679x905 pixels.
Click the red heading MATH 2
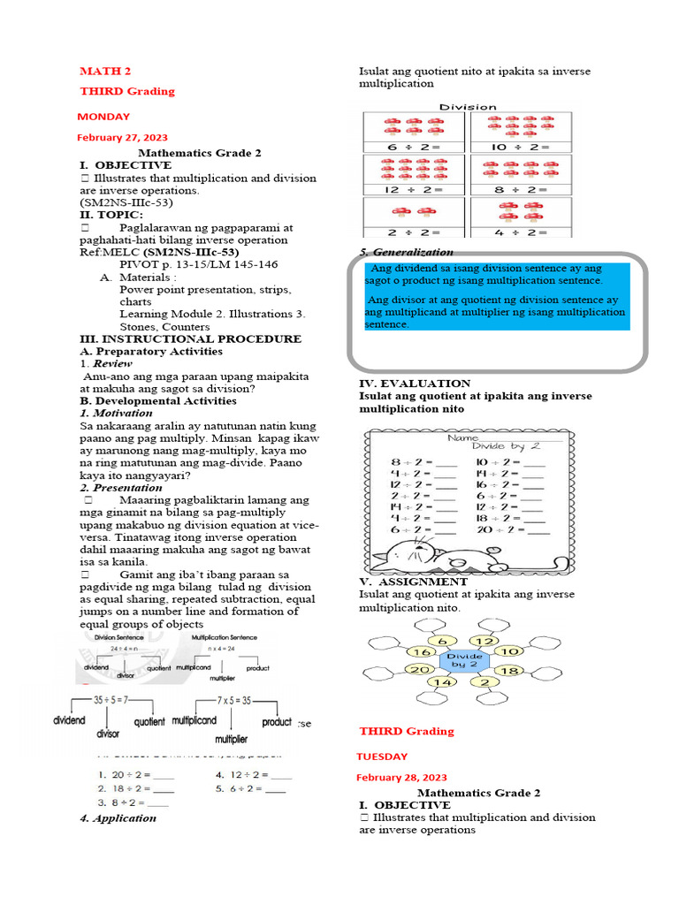105,71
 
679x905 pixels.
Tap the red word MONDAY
103,116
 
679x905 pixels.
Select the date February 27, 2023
122,138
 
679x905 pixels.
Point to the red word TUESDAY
382,756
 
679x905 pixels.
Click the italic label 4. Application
118,818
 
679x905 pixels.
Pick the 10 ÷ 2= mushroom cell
520,133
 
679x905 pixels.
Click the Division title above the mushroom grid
468,107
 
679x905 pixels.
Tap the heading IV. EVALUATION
415,384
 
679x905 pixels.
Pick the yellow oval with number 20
418,670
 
